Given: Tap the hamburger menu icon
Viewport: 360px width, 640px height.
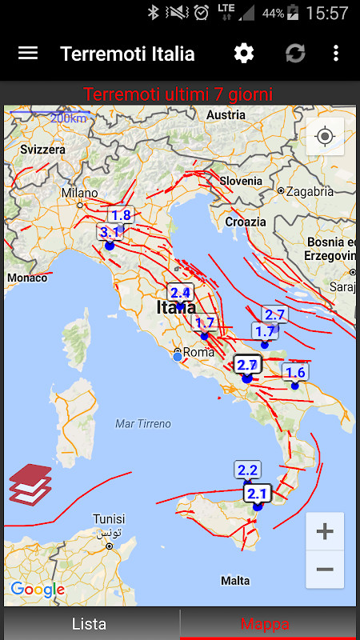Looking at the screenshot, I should pyautogui.click(x=28, y=54).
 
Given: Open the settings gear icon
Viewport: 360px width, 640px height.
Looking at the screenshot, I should pyautogui.click(x=243, y=54).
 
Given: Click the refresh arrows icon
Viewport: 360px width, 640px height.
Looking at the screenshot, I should pyautogui.click(x=295, y=54).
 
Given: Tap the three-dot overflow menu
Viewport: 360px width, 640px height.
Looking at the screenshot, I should pyautogui.click(x=336, y=54).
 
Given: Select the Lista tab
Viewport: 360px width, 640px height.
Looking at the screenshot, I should pyautogui.click(x=89, y=624).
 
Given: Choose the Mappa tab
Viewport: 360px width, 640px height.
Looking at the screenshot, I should pyautogui.click(x=265, y=624).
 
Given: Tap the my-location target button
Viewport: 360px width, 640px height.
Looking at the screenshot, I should pyautogui.click(x=325, y=137).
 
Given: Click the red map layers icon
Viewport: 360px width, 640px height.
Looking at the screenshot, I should pyautogui.click(x=30, y=483).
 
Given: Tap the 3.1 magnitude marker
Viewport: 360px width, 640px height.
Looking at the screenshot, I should pyautogui.click(x=110, y=233).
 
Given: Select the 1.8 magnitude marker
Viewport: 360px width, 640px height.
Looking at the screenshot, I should pyautogui.click(x=121, y=215).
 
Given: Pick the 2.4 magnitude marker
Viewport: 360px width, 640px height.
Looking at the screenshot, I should pyautogui.click(x=180, y=293).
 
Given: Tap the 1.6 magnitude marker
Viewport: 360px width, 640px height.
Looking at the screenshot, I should pyautogui.click(x=295, y=372).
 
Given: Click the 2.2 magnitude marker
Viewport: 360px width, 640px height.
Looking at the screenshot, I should pyautogui.click(x=247, y=470).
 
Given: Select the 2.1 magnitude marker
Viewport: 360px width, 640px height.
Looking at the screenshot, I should pyautogui.click(x=257, y=494).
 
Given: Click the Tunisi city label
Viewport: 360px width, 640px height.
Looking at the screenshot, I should pyautogui.click(x=108, y=518).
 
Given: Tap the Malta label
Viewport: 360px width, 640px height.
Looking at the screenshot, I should pyautogui.click(x=235, y=580).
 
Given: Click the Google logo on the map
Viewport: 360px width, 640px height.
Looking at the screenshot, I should pyautogui.click(x=37, y=590).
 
